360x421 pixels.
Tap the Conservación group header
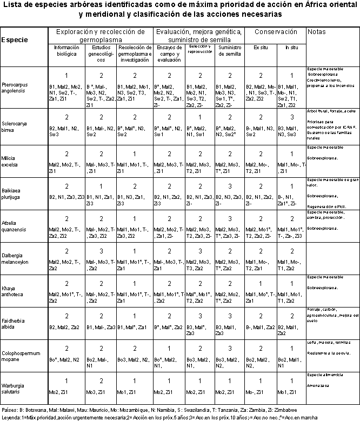coord(276,32)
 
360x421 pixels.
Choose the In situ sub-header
coord(291,48)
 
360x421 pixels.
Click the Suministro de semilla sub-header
coord(229,51)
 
